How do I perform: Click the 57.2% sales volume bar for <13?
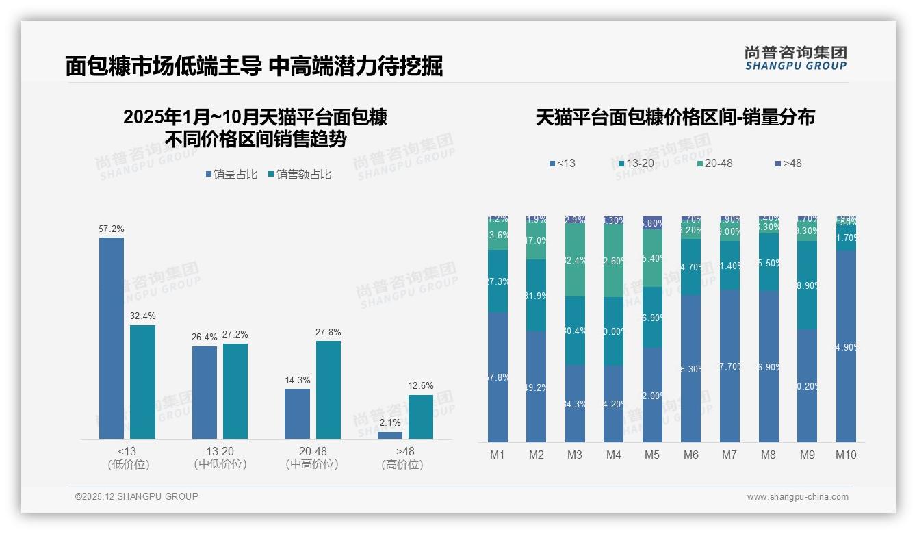112,338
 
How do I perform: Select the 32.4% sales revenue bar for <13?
142,381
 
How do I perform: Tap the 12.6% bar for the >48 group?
420,416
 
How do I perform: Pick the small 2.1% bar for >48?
390,435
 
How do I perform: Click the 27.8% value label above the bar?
328,332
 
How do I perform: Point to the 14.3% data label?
297,380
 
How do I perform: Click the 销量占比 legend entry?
231,175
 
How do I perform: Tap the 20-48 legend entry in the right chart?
714,164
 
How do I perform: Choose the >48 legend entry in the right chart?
788,164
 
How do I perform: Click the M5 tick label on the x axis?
652,455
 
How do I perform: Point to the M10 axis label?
846,455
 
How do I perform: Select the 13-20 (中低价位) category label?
220,457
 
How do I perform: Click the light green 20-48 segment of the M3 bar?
575,260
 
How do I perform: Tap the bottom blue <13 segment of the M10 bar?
846,346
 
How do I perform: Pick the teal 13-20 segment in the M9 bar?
808,285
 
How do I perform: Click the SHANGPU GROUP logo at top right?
795,58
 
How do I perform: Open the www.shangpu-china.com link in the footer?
797,497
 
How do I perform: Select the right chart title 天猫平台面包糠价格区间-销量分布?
675,117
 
